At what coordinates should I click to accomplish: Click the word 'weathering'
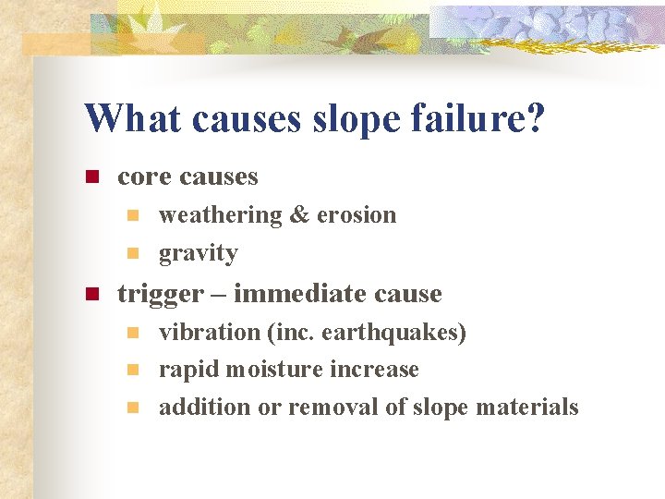coord(221,215)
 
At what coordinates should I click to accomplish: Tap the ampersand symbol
coord(299,215)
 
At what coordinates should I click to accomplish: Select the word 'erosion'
coord(357,215)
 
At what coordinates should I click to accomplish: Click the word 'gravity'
coord(198,253)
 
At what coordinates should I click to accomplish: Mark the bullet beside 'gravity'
coord(133,253)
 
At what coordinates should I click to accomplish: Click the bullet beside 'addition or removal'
coord(133,408)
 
